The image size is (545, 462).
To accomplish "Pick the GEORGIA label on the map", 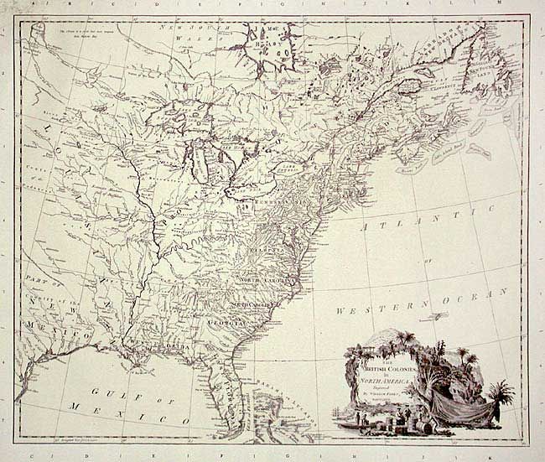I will pyautogui.click(x=227, y=321).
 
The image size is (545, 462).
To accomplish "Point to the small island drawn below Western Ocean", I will pyautogui.click(x=434, y=317).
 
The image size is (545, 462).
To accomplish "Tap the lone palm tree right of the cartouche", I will pyautogui.click(x=501, y=392).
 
